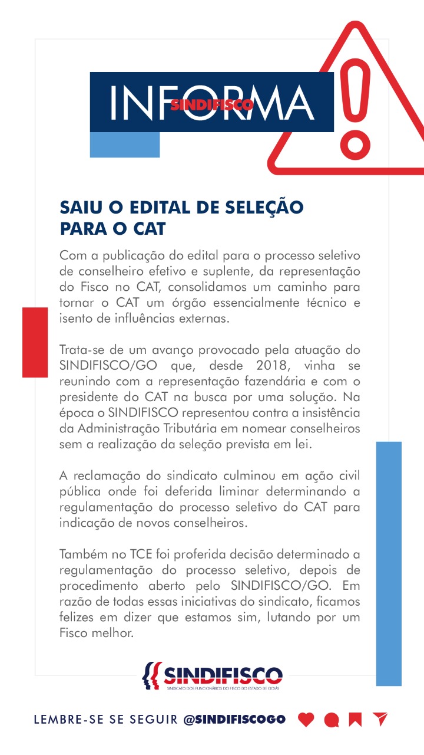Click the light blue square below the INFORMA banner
pos(125,145)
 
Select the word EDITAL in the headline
pos(150,207)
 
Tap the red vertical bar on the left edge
pos(35,342)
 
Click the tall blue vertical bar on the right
pos(389,563)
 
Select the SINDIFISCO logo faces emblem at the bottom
pos(151,675)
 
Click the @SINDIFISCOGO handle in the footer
pos(234,719)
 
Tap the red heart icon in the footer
pos(306,720)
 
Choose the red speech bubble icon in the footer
pos(332,720)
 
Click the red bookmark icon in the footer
pos(355,720)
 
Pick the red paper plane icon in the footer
pos(380,719)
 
